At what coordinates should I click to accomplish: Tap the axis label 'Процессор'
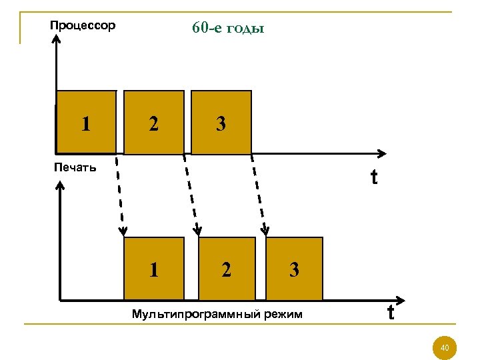pyautogui.click(x=83, y=26)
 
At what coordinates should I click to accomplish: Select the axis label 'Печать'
pyautogui.click(x=75, y=167)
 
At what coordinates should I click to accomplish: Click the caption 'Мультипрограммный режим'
pyautogui.click(x=217, y=313)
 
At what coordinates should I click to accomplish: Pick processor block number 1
pyautogui.click(x=85, y=123)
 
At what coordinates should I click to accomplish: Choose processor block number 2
pyautogui.click(x=154, y=123)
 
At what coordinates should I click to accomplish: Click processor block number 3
pyautogui.click(x=221, y=123)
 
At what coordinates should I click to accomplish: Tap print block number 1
pyautogui.click(x=154, y=269)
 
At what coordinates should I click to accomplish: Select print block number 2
pyautogui.click(x=227, y=269)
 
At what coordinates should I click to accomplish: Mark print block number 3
pyautogui.click(x=294, y=269)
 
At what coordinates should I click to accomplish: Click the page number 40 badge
pyautogui.click(x=445, y=347)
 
